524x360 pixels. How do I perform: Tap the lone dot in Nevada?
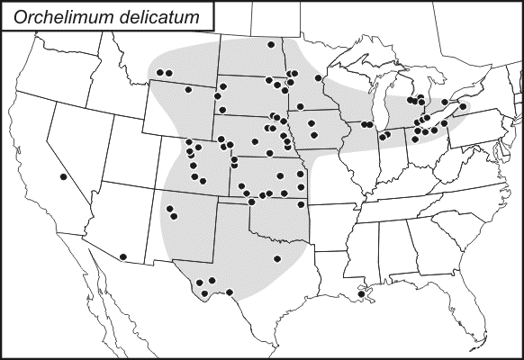coord(63,177)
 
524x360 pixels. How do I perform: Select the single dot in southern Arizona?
coord(122,257)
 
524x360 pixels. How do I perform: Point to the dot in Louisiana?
coord(361,293)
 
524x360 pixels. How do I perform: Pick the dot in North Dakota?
coord(271,45)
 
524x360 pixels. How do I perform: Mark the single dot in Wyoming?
coord(188,89)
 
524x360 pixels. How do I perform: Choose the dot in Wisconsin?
coord(319,78)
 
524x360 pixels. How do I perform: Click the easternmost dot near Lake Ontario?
coord(463,106)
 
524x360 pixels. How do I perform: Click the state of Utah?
coord(122,157)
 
